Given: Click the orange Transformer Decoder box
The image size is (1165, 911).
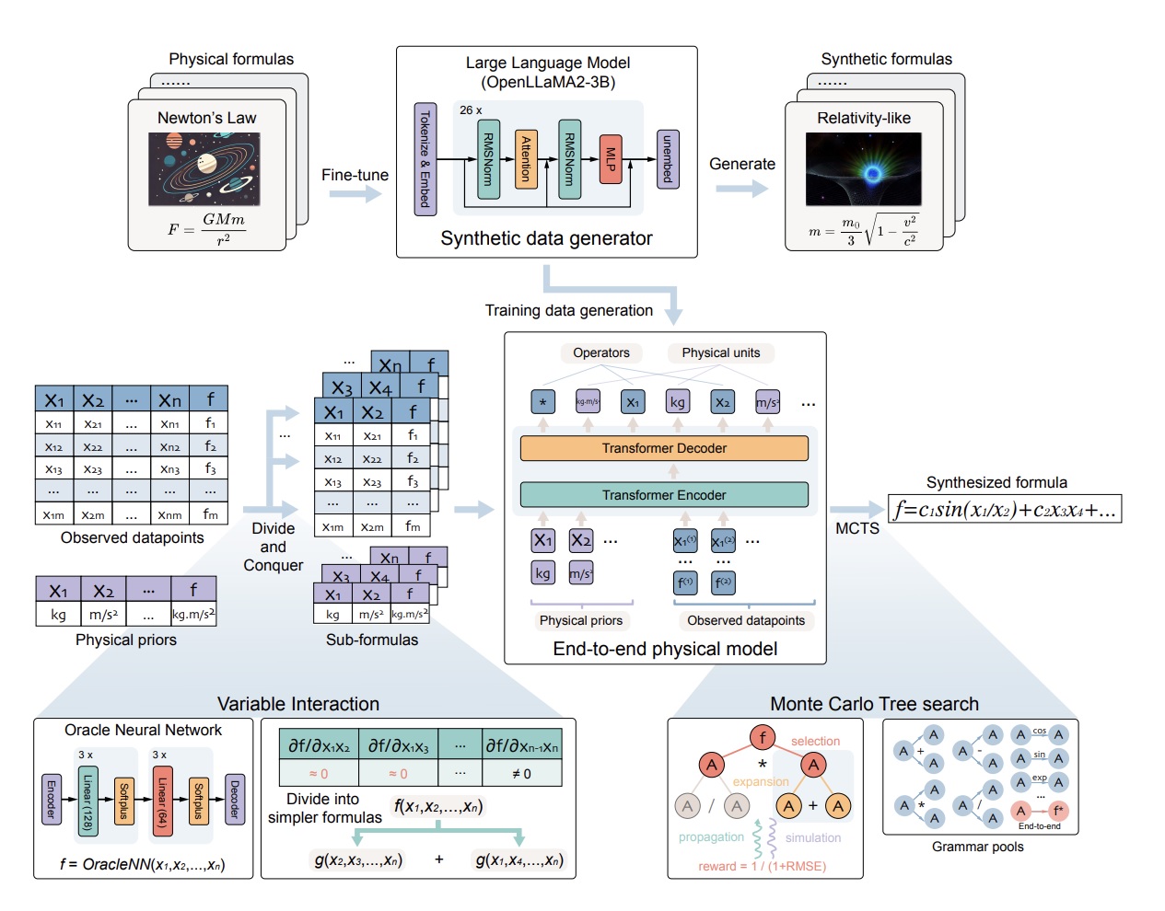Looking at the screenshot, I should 664,448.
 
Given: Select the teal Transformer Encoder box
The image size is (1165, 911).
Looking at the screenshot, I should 664,495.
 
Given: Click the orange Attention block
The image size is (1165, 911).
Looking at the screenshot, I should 526,159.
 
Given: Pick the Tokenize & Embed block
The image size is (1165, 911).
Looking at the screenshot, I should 425,159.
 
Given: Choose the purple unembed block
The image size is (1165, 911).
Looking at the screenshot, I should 668,159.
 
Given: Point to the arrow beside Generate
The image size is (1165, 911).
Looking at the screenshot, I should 741,189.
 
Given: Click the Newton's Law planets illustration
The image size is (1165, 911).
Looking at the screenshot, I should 204,169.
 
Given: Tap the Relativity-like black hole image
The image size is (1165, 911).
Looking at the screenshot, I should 863,169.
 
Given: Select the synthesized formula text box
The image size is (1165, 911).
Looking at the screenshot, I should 1005,510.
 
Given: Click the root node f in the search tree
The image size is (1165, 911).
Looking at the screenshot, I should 762,737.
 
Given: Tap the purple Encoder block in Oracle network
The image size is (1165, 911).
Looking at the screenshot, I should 52,800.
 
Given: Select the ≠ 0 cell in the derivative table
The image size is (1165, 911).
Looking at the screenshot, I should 521,774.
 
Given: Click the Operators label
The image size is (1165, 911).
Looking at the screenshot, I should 601,352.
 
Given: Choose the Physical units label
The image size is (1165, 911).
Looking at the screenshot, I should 720,352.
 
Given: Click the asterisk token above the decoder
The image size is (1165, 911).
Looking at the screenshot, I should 543,402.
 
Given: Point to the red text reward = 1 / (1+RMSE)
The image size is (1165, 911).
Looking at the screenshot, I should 762,866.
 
